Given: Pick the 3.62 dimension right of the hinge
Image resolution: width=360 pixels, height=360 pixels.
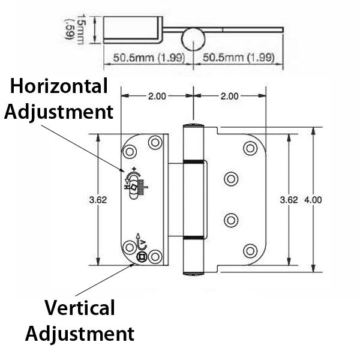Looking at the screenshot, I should click(289, 200).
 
